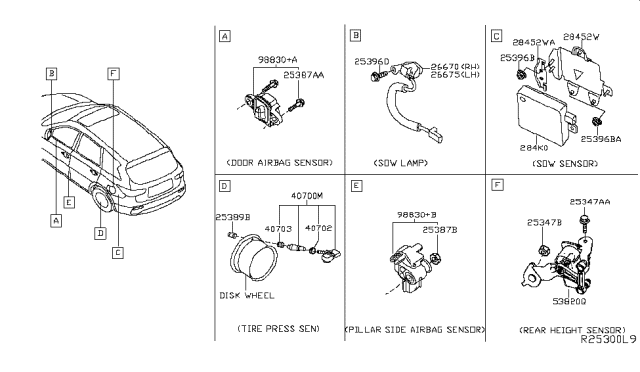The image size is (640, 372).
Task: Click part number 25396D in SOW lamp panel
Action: pyautogui.click(x=371, y=62)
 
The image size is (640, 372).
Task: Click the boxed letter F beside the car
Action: pyautogui.click(x=115, y=73)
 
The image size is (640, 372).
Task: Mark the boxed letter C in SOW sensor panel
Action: pyautogui.click(x=497, y=36)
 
